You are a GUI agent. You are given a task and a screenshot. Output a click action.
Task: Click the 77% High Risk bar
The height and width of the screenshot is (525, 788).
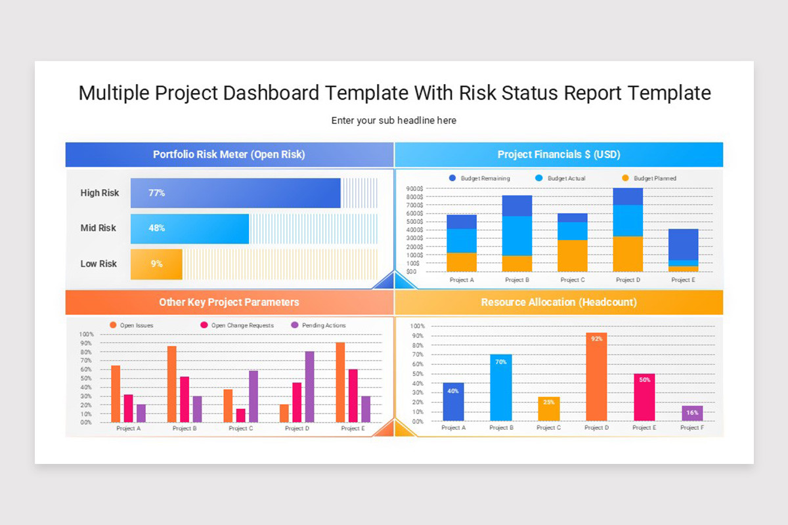pos(235,193)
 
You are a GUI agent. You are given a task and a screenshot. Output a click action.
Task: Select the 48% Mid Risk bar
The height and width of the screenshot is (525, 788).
pos(190,228)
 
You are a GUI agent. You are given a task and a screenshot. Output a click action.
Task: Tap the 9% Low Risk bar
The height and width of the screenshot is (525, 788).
pos(156,264)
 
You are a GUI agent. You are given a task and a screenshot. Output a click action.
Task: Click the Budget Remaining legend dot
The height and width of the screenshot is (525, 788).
pos(452,178)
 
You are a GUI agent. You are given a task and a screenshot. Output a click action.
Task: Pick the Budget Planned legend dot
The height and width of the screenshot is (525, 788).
pos(625,178)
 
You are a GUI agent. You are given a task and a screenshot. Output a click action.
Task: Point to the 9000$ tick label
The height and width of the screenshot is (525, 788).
pos(414,188)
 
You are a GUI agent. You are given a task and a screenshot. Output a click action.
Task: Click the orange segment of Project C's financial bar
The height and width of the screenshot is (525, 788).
pos(573,256)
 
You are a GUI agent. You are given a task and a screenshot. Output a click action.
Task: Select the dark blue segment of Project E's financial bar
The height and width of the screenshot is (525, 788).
pos(683,244)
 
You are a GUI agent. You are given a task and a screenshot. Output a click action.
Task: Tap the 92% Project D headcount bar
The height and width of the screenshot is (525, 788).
pos(596,377)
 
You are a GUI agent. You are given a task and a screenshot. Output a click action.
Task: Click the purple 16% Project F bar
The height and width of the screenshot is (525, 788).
pos(692,413)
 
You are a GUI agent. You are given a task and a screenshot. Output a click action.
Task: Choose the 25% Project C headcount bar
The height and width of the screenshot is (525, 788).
pos(549,409)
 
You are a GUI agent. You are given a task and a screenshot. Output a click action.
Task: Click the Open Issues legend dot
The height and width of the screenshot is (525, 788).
pos(113,325)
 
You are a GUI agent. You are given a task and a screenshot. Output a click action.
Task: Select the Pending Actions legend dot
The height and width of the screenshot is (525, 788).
pos(295,325)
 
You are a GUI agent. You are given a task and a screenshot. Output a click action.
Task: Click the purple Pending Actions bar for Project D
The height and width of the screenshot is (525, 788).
pos(309,387)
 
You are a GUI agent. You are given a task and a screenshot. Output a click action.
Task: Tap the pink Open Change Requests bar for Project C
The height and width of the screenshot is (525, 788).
pos(240,415)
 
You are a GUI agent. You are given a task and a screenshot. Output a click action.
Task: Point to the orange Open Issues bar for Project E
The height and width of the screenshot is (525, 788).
pos(340,382)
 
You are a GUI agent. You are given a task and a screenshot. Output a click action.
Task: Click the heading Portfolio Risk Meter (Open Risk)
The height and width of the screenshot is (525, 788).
pos(229,154)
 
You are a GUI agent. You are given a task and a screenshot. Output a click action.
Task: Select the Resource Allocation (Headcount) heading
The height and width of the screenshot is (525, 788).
pos(559,302)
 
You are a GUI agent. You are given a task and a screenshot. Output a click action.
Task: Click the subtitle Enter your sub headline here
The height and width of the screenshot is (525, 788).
pos(393,121)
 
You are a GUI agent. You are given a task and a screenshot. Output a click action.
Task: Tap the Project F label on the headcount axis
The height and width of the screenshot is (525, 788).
pos(692,428)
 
